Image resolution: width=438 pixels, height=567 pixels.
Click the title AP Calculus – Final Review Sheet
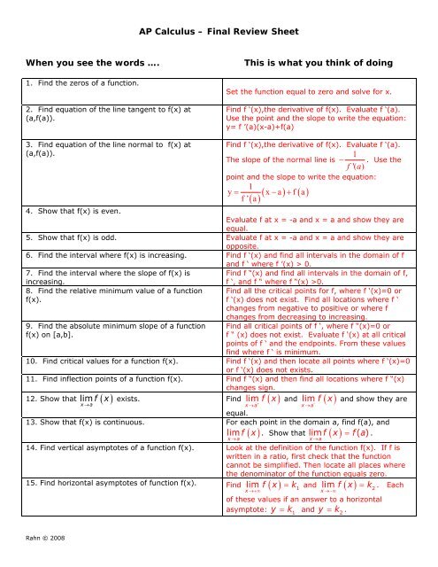[x=218, y=29]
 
